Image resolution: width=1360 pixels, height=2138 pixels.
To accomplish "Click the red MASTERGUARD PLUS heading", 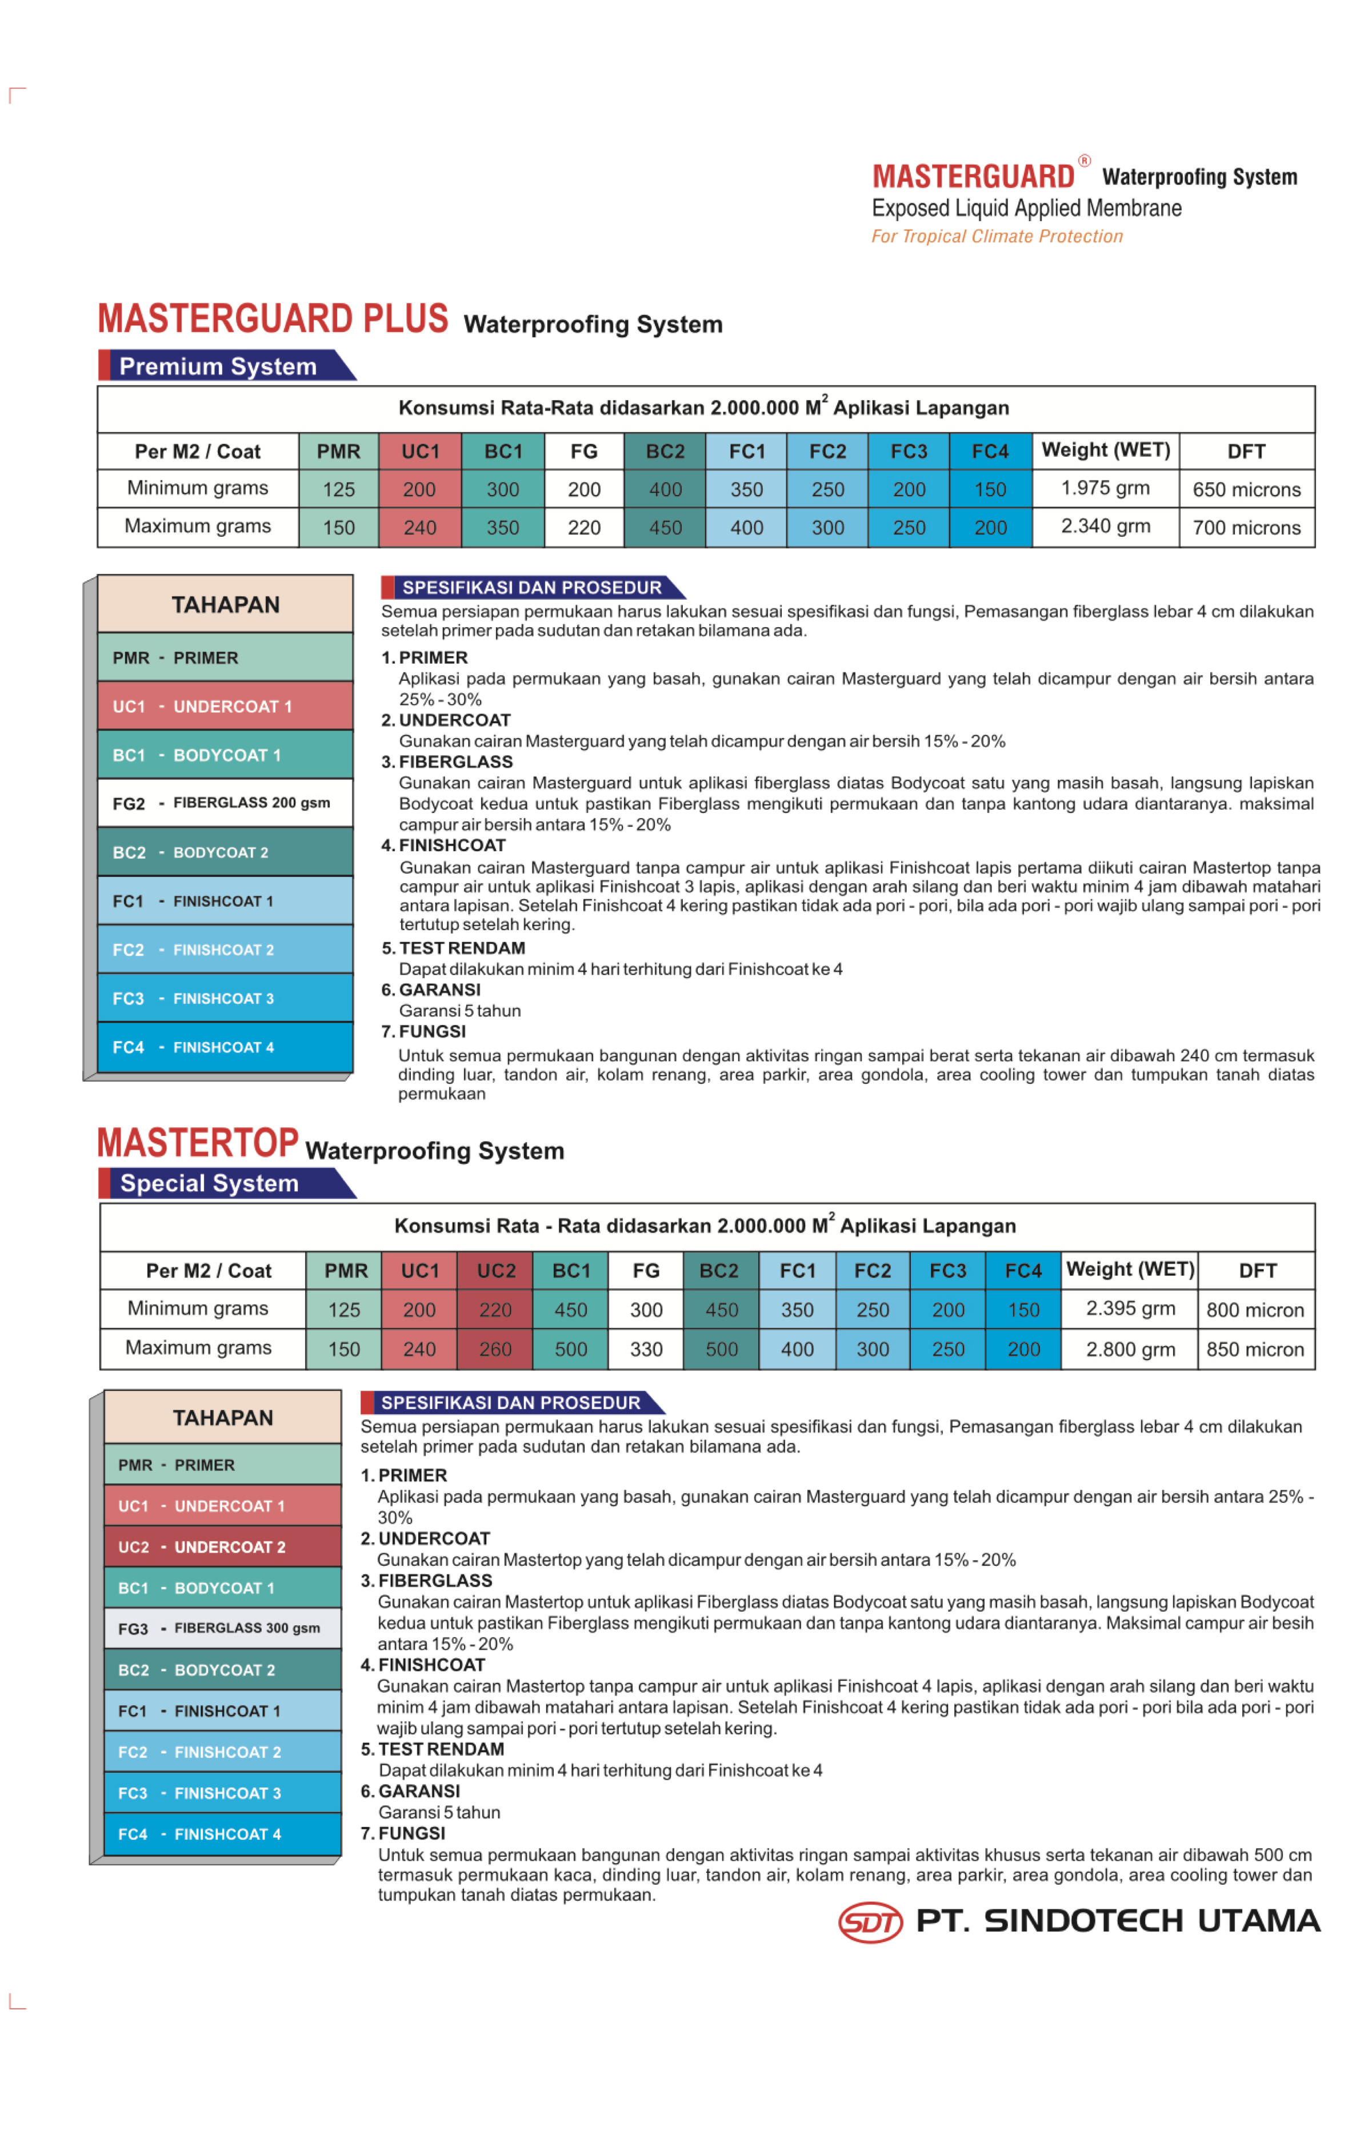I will pos(273,320).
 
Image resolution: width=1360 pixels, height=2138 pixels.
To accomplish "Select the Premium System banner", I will pos(218,366).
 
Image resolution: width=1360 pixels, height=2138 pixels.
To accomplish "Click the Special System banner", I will pos(210,1183).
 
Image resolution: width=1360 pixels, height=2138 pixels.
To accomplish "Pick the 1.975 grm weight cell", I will pos(1105,488).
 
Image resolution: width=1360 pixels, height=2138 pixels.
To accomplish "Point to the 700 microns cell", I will pos(1246,528).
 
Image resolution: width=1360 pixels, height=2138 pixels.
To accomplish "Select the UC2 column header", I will pos(495,1271).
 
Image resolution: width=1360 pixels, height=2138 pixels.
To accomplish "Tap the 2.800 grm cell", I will pos(1130,1350).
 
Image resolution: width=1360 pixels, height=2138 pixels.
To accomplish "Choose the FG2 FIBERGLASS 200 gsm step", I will pos(225,803).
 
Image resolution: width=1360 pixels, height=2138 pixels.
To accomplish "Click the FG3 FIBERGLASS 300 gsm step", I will pos(222,1628).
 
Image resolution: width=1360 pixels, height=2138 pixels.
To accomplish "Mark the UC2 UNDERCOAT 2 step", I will pos(222,1547).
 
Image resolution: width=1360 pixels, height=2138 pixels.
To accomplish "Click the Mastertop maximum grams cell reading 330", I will pos(646,1350).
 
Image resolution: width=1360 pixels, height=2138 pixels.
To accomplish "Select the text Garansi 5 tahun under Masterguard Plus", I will pos(460,1010).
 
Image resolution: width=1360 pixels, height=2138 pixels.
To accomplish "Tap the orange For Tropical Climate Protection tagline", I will pos(997,236).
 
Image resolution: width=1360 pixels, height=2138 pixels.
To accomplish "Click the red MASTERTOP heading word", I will pos(197,1143).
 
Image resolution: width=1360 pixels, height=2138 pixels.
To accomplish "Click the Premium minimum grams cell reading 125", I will pos(338,489).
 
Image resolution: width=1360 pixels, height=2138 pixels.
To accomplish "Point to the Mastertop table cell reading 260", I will pos(495,1350).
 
